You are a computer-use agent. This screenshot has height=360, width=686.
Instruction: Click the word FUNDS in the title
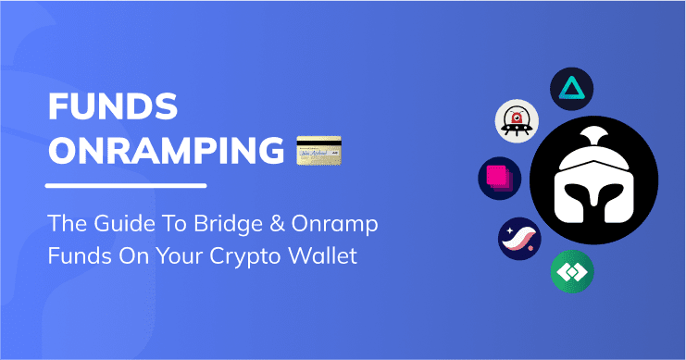click(113, 111)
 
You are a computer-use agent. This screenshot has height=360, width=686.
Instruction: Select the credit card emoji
click(318, 150)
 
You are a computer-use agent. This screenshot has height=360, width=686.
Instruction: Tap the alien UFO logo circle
click(515, 121)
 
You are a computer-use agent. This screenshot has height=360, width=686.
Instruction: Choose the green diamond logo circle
click(571, 271)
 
